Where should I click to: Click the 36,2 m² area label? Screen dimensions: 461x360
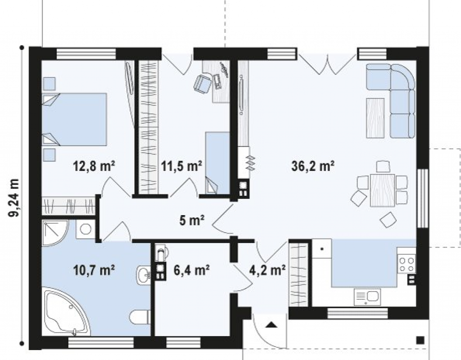tap(312, 166)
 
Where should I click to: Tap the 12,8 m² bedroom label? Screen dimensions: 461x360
tap(94, 166)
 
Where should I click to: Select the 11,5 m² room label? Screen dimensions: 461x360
tap(181, 166)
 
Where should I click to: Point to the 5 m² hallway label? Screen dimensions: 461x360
tap(192, 220)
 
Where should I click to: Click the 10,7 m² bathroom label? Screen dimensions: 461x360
tap(94, 270)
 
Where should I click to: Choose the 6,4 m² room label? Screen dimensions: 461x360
tap(191, 270)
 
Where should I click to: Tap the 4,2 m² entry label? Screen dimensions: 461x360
tap(267, 270)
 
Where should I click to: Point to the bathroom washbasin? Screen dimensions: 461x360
tap(144, 275)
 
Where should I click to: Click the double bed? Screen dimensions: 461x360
tap(74, 119)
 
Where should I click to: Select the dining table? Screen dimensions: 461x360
tap(382, 190)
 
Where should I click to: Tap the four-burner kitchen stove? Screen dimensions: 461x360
tap(407, 264)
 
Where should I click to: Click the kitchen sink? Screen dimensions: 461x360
tap(367, 297)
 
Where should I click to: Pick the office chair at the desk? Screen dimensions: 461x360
tap(202, 83)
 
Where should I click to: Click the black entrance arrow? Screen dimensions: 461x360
tap(272, 324)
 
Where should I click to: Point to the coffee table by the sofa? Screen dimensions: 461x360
tap(375, 118)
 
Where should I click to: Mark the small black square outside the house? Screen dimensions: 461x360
tap(420, 340)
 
